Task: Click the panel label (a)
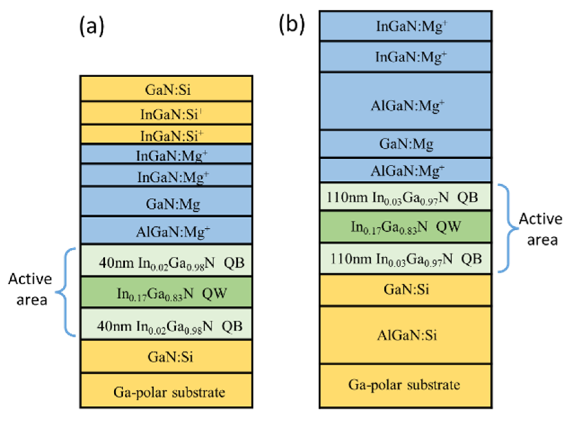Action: [91, 27]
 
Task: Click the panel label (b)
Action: [291, 24]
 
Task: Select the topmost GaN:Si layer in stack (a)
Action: [167, 89]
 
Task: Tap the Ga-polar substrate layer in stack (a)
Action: [167, 391]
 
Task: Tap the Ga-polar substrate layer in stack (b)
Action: [405, 385]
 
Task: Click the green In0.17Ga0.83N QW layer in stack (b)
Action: [405, 227]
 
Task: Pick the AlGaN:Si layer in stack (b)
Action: [405, 335]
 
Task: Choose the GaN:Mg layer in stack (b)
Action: [405, 144]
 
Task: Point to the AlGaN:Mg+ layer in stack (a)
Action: [167, 231]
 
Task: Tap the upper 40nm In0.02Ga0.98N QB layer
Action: [167, 262]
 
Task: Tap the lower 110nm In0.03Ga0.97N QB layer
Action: [405, 258]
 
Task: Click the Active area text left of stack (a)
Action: [30, 289]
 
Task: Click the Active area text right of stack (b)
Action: [540, 229]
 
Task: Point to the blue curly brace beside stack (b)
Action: [509, 228]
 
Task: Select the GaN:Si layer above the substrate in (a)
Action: [167, 356]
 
